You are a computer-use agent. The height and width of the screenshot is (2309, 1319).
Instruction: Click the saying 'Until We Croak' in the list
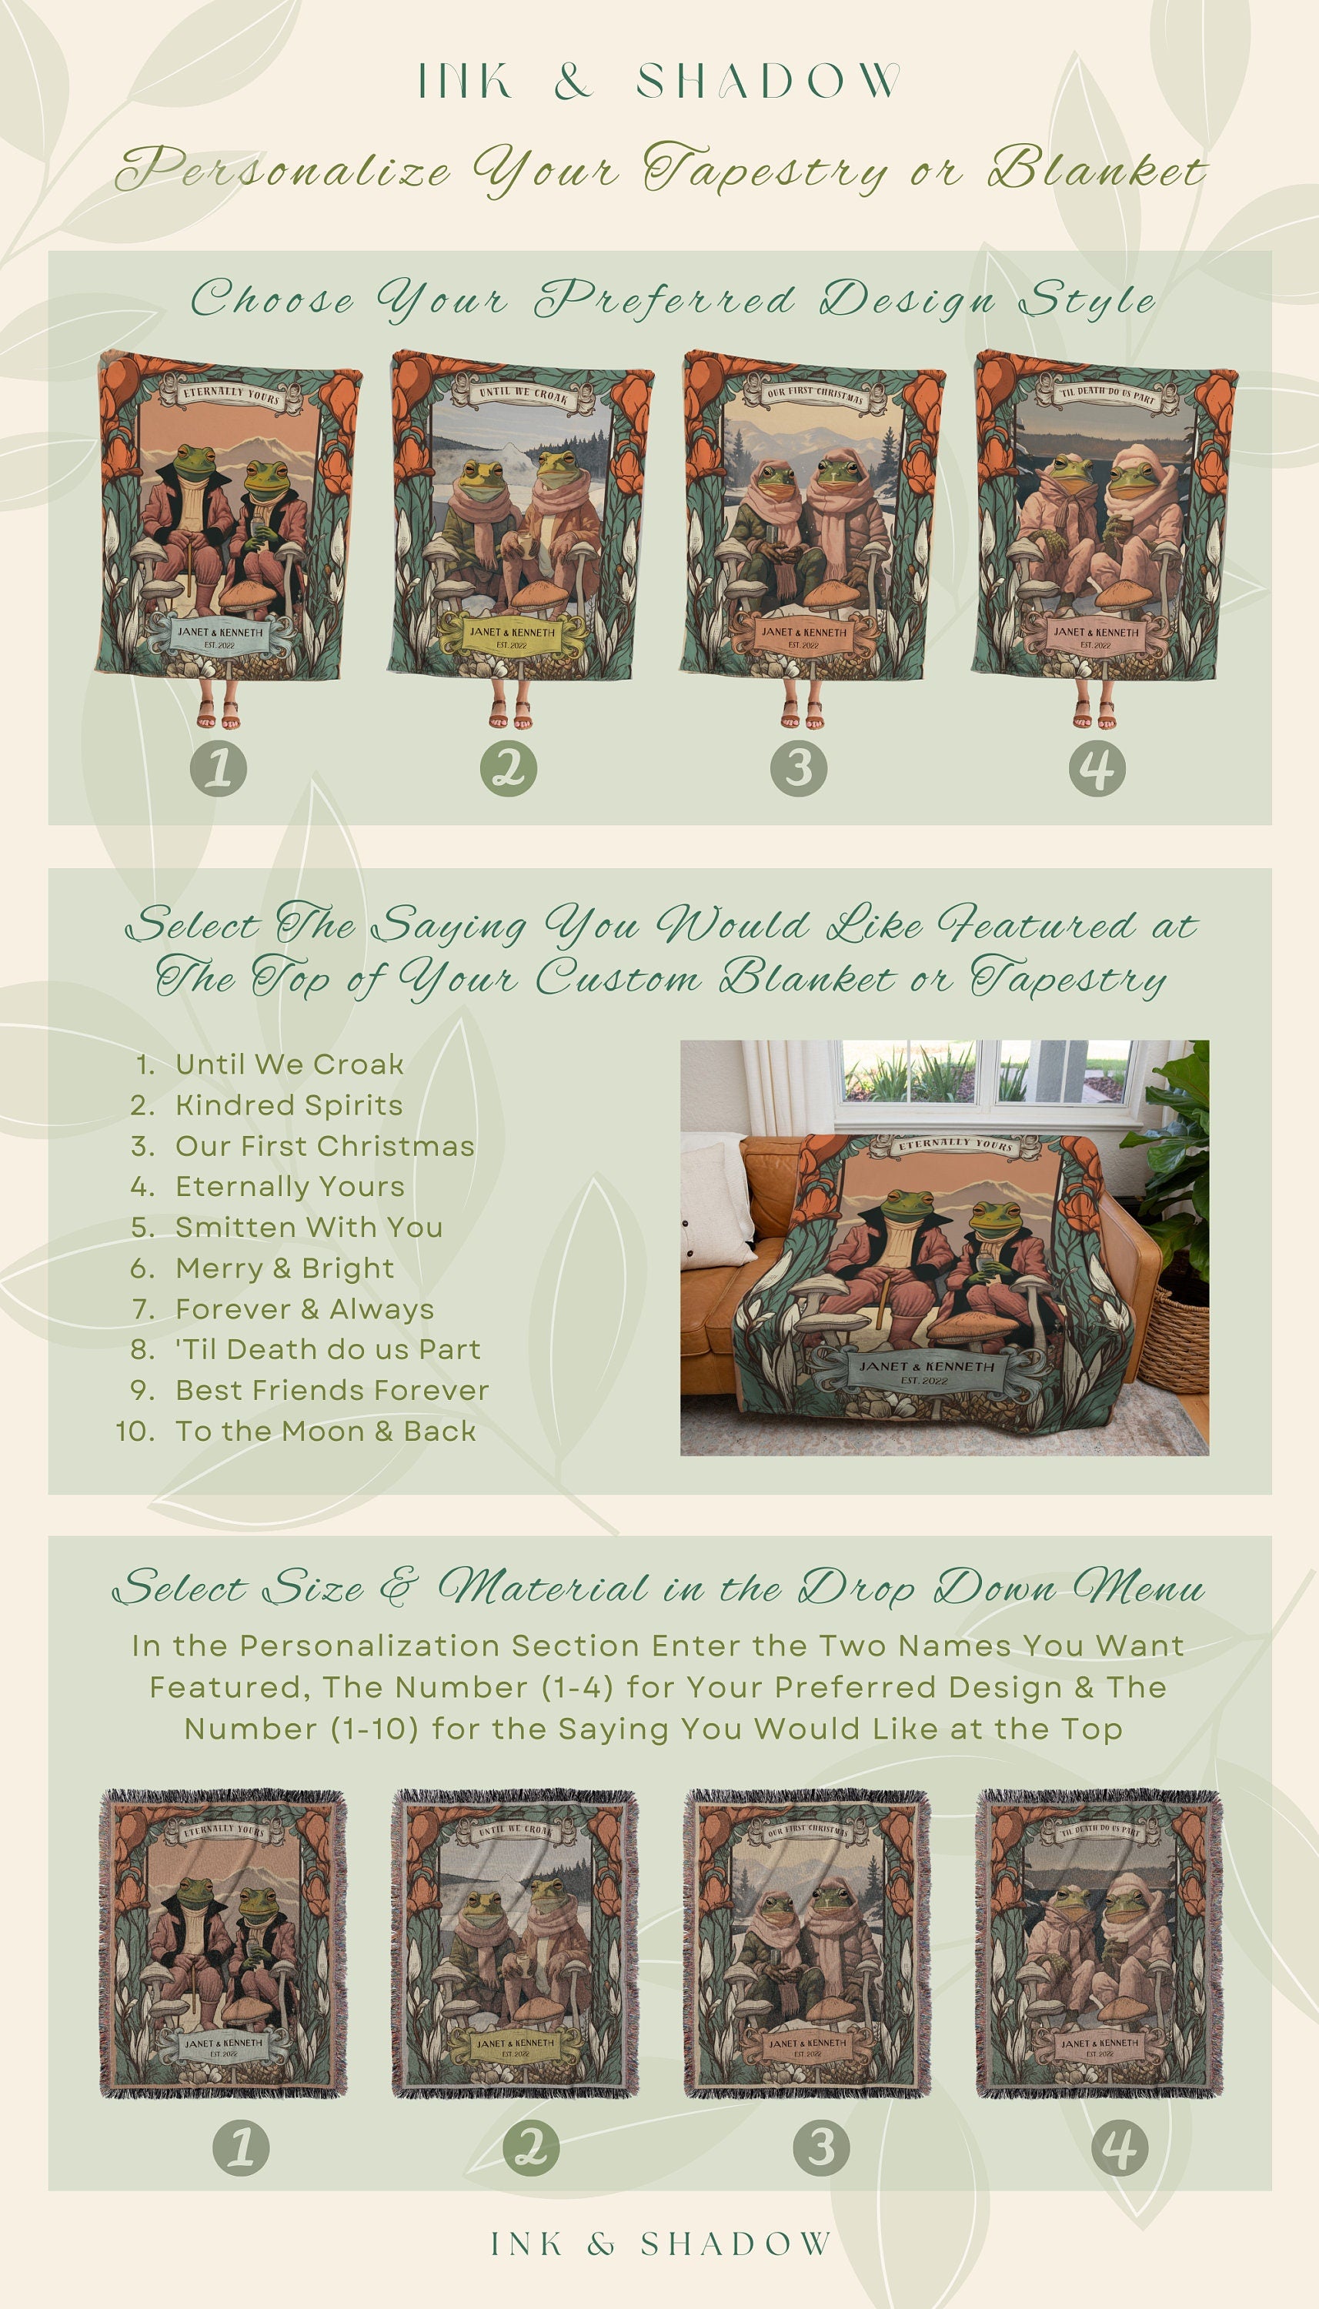(289, 1064)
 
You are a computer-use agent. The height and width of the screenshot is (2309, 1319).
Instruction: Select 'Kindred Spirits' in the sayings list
(288, 1105)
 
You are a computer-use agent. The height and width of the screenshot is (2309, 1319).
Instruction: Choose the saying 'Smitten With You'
(308, 1228)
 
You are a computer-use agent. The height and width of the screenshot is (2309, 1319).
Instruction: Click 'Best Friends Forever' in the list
(332, 1391)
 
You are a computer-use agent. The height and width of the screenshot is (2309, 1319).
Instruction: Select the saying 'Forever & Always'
(305, 1309)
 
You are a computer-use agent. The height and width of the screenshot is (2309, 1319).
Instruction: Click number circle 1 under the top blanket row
(219, 769)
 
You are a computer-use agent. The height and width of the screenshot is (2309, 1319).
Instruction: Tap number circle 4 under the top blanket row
(1097, 769)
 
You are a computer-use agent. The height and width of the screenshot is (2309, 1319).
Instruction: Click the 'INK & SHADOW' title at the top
(659, 82)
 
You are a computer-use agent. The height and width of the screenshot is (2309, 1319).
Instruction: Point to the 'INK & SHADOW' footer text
(659, 2244)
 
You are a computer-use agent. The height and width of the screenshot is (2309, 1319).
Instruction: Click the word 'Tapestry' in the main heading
(766, 170)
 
